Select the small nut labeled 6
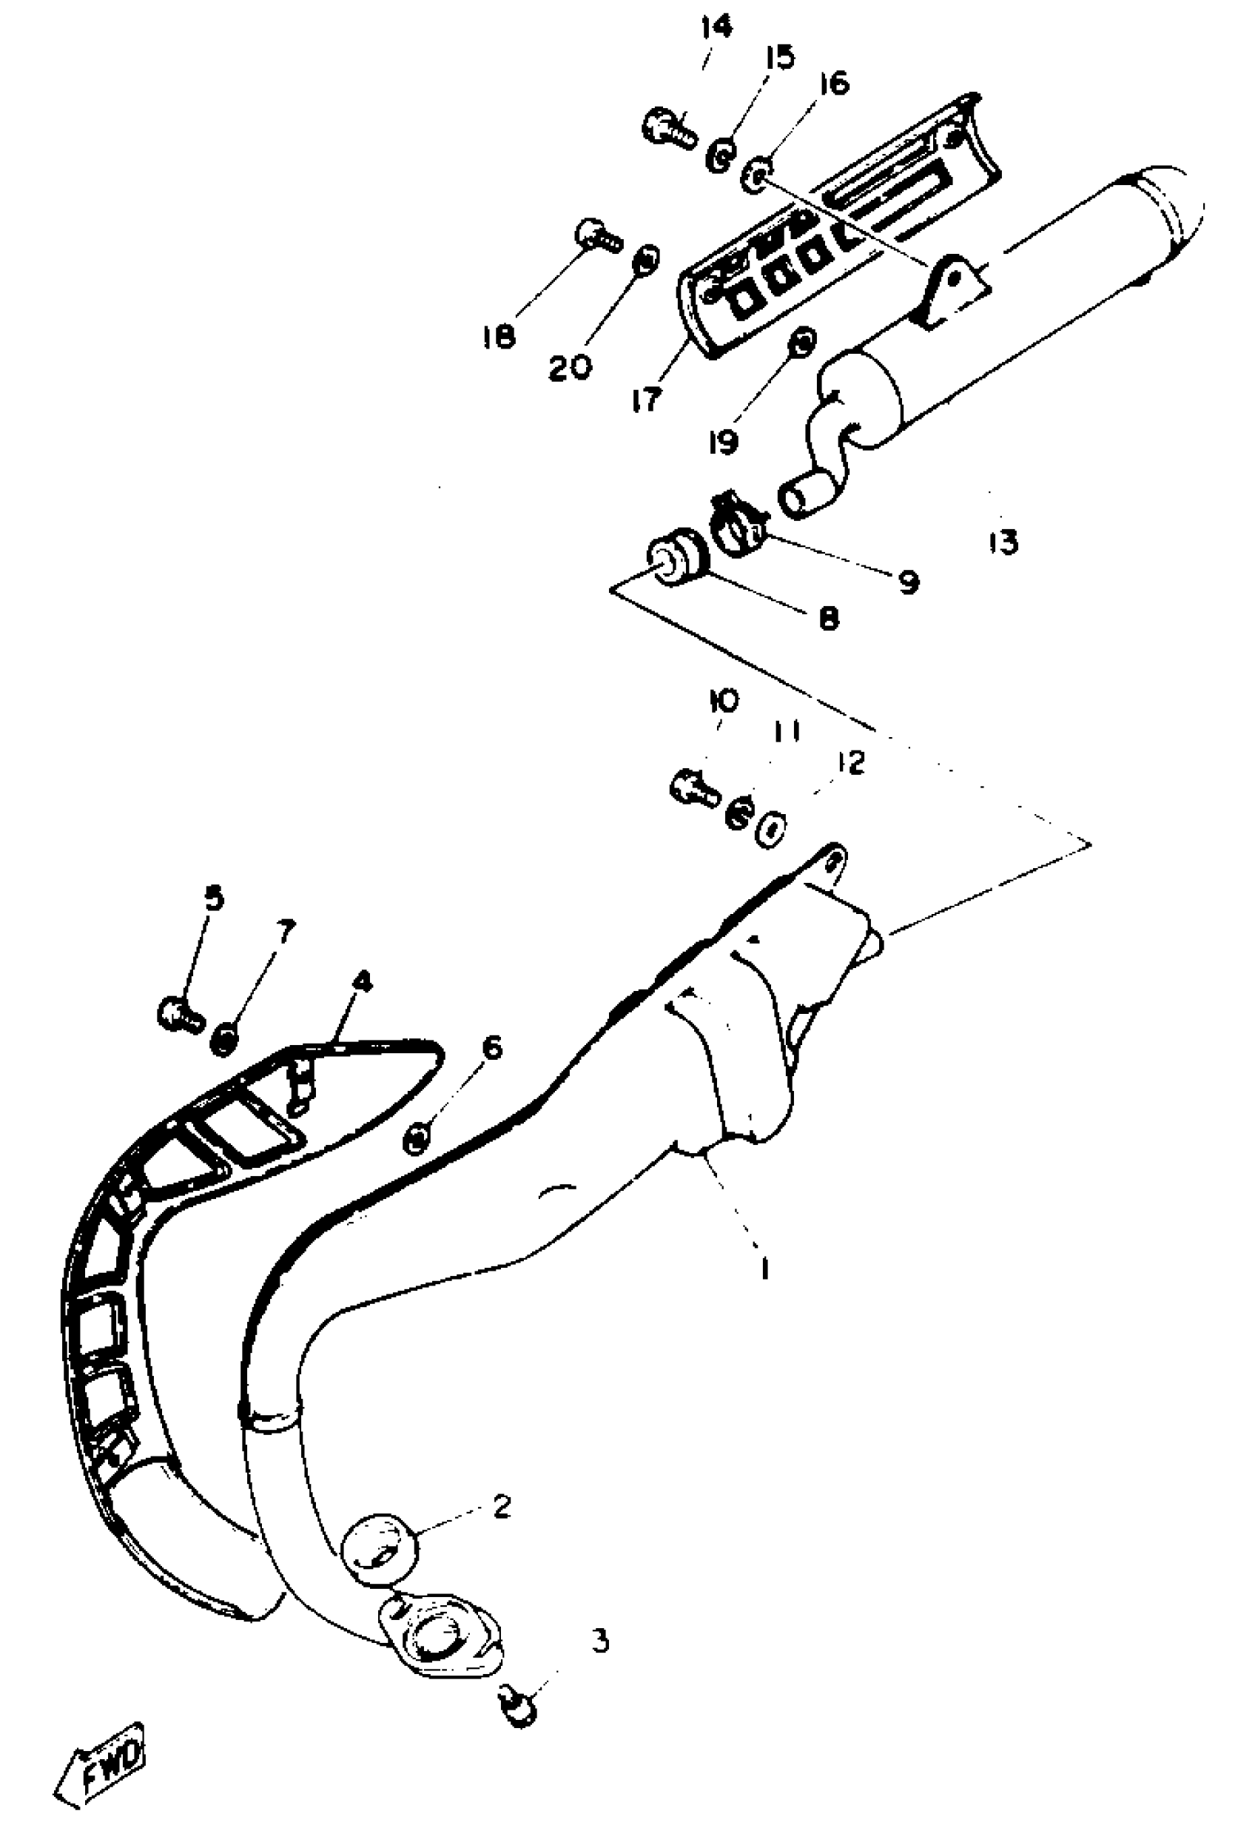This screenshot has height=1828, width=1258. coord(417,1138)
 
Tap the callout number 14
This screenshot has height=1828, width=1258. coord(716,28)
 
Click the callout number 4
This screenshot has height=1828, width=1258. coord(362,982)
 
